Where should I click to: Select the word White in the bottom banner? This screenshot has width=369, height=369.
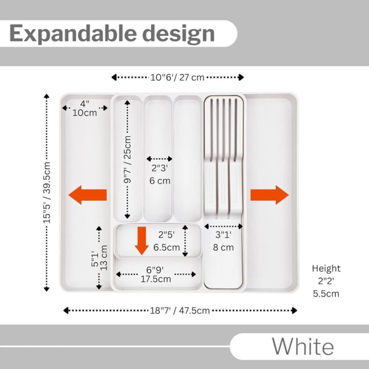tap(303, 347)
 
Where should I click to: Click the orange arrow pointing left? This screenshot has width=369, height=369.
tap(87, 195)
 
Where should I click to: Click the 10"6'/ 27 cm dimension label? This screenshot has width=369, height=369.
tap(177, 77)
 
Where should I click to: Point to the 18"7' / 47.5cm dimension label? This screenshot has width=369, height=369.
tap(180, 311)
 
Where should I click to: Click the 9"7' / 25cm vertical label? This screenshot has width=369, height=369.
tap(127, 160)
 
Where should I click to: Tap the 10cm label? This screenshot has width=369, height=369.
tap(85, 113)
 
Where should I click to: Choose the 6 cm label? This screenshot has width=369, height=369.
tap(160, 181)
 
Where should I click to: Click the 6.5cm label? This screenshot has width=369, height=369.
tap(166, 247)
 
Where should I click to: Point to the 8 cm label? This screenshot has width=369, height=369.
tap(224, 248)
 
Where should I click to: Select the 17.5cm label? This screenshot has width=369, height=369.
tap(156, 279)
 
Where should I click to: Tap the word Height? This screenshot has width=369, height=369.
tap(326, 268)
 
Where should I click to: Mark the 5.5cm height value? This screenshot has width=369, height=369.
tap(326, 294)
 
